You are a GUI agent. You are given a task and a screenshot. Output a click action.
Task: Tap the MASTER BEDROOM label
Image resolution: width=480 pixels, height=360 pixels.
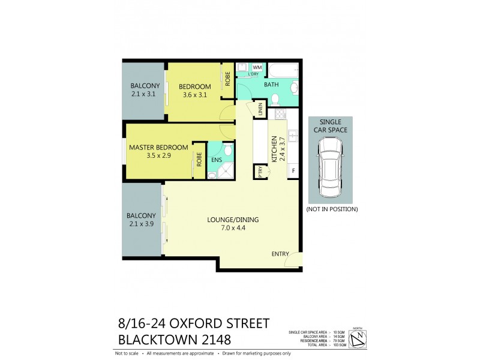click(x=158, y=147)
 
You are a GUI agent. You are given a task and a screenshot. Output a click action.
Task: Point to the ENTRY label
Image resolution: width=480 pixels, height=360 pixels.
click(x=280, y=254)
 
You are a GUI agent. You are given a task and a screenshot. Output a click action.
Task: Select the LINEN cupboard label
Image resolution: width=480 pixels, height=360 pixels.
click(x=260, y=110)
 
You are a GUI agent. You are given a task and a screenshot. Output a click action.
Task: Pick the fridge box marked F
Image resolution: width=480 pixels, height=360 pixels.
click(x=293, y=171)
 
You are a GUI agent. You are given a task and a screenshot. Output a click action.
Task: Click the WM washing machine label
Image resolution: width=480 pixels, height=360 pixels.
click(x=256, y=68)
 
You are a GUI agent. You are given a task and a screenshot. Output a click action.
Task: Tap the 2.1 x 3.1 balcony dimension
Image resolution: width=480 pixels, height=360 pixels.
click(x=143, y=94)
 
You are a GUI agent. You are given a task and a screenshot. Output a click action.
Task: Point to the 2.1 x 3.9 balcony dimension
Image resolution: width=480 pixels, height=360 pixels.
click(x=141, y=224)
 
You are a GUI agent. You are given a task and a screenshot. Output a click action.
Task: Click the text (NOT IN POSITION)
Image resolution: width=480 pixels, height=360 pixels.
click(x=331, y=209)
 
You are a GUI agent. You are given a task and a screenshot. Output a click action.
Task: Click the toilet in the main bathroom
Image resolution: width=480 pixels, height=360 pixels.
click(x=292, y=89)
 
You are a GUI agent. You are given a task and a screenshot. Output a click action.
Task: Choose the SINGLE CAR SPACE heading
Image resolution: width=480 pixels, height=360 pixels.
click(x=331, y=125)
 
